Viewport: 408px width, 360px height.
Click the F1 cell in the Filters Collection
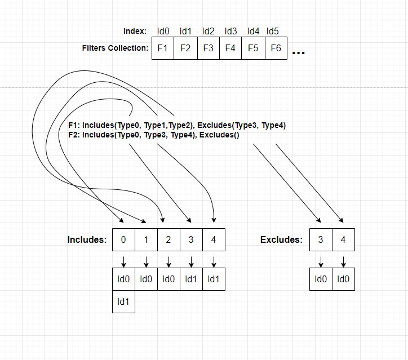click(163, 48)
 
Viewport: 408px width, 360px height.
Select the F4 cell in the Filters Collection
click(230, 48)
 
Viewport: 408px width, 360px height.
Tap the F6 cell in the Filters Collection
click(276, 48)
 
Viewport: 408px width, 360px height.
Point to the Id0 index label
click(163, 31)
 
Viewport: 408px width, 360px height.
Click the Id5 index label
click(273, 31)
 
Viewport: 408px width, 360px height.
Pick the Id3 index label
click(230, 31)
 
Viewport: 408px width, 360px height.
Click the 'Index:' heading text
click(135, 31)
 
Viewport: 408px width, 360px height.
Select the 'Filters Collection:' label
click(115, 48)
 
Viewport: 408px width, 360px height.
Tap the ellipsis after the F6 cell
click(299, 52)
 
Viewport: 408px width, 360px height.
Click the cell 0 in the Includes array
click(123, 239)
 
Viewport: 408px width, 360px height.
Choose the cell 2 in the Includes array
click(168, 239)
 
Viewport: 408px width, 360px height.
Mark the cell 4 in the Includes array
click(214, 239)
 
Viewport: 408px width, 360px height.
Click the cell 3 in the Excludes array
click(321, 239)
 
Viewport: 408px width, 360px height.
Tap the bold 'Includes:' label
click(87, 239)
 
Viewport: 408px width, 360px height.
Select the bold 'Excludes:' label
click(281, 239)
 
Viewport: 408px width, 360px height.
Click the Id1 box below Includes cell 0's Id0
click(123, 301)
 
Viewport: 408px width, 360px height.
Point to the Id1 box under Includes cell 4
click(214, 279)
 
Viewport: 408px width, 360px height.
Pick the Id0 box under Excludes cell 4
click(343, 279)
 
